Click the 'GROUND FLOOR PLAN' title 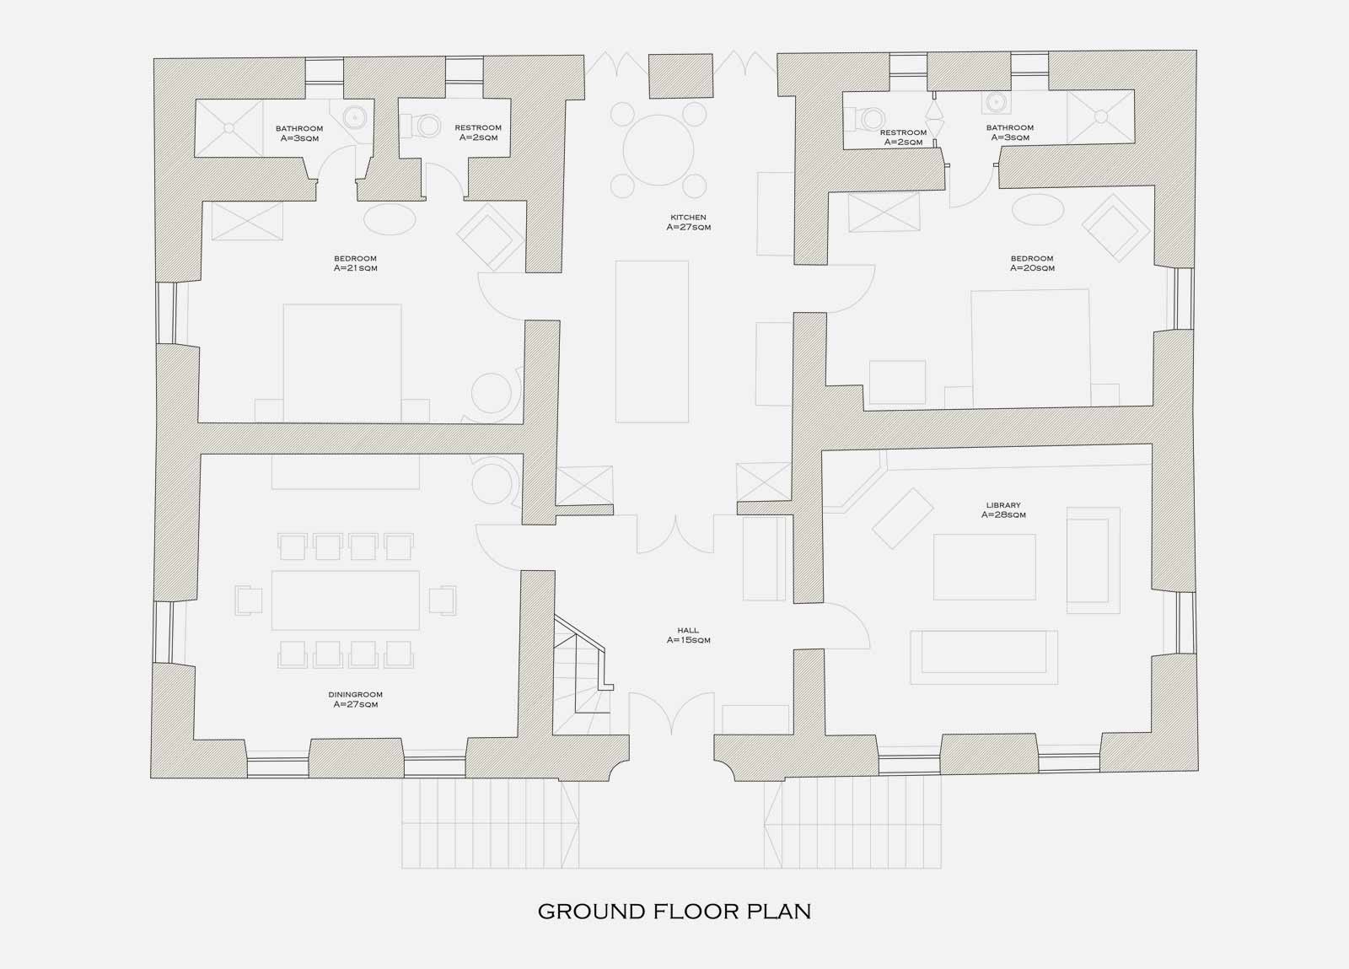[674, 911]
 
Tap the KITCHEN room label [688, 218]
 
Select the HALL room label [688, 631]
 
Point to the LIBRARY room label [1003, 505]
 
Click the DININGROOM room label [355, 694]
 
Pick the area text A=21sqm [355, 268]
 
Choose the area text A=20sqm [1032, 268]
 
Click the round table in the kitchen [658, 149]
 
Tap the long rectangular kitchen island [652, 342]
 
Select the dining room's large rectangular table [345, 600]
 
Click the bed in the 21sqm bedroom [342, 363]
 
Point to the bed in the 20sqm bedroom [1030, 348]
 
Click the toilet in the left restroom [422, 127]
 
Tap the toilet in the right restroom [865, 119]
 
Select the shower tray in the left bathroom [228, 128]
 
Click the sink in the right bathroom [996, 103]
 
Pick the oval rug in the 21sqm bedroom [390, 219]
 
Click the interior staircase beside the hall [583, 675]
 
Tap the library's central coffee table [985, 567]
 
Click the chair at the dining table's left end [248, 600]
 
